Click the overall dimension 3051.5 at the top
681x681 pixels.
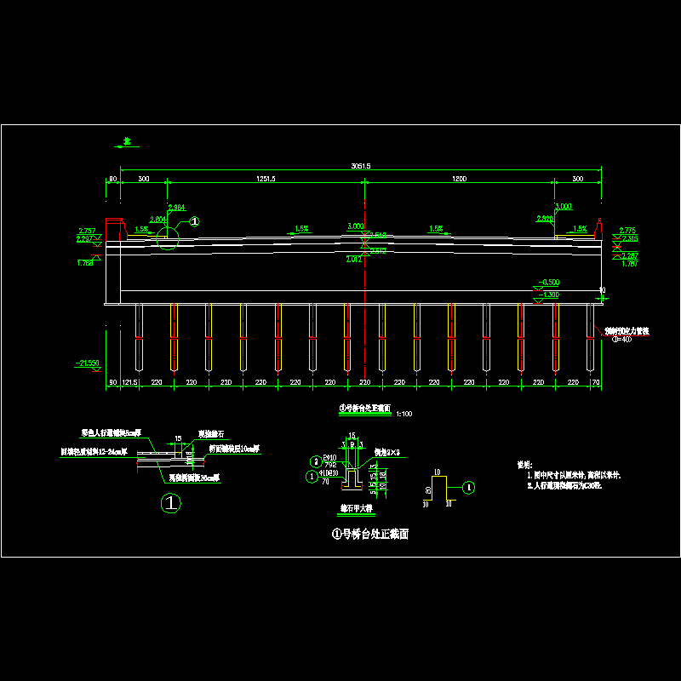pyautogui.click(x=361, y=165)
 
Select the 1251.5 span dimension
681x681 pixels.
pyautogui.click(x=266, y=179)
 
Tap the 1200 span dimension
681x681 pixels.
pyautogui.click(x=460, y=179)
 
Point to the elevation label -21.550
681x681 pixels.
pyautogui.click(x=87, y=363)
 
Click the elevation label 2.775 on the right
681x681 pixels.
pyautogui.click(x=627, y=231)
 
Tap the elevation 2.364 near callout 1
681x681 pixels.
pyautogui.click(x=176, y=208)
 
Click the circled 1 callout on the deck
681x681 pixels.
pyautogui.click(x=193, y=221)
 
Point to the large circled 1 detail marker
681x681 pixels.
pyautogui.click(x=171, y=504)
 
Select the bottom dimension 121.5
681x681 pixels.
pyautogui.click(x=129, y=384)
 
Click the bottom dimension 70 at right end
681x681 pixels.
pyautogui.click(x=596, y=384)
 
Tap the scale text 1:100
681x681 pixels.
pyautogui.click(x=404, y=414)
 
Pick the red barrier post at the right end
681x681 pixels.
pyautogui.click(x=599, y=227)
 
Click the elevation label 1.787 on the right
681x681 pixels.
pyautogui.click(x=629, y=264)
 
